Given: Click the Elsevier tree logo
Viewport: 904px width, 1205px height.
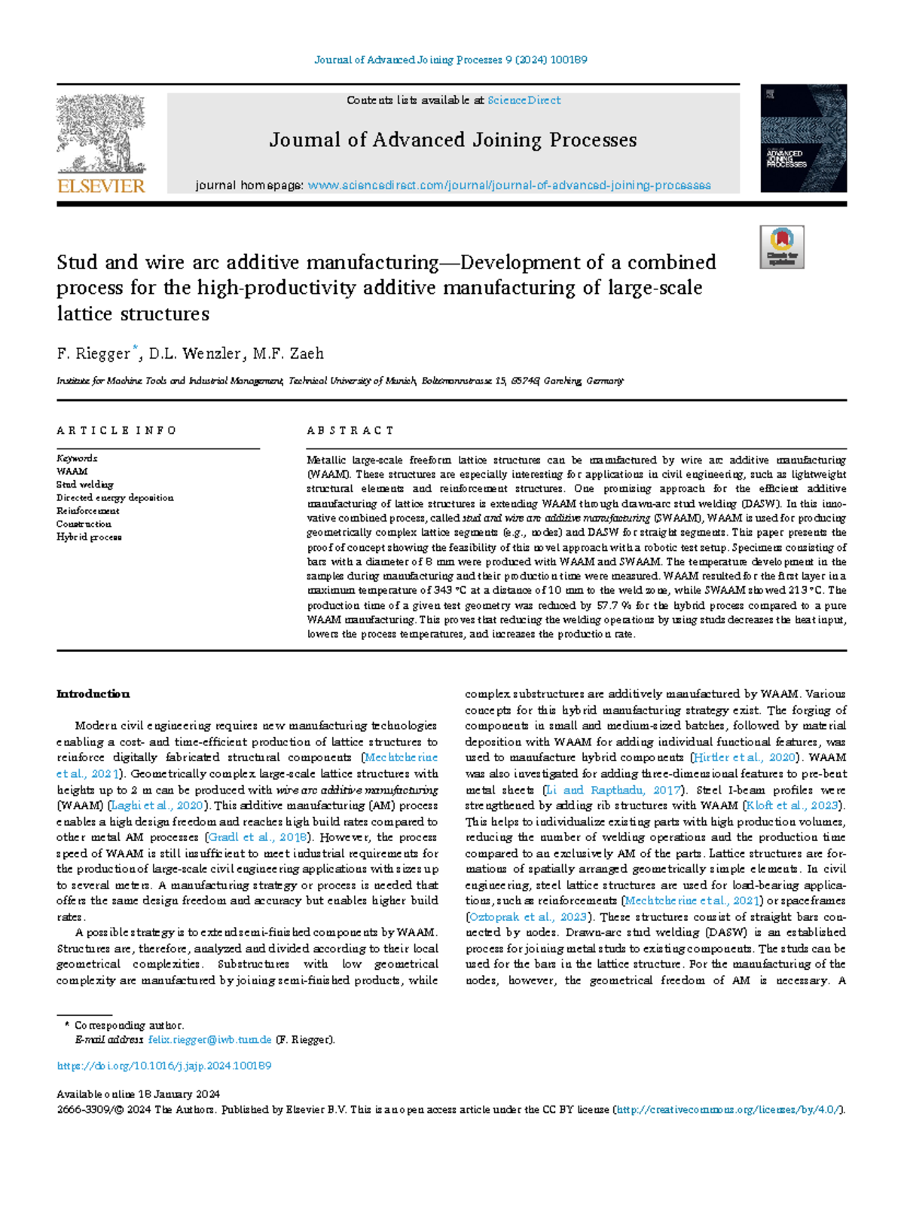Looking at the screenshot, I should coord(101,134).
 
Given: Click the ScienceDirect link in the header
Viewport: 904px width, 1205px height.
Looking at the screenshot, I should coord(524,100).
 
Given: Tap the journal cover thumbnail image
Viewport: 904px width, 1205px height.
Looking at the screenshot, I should coord(803,138).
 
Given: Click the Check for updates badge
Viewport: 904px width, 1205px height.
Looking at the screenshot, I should coord(782,246).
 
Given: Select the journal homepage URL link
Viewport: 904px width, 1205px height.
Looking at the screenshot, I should coord(509,185).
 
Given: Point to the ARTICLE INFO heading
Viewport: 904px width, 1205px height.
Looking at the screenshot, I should coord(117,430).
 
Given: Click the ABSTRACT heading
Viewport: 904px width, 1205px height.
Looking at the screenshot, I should coord(350,430).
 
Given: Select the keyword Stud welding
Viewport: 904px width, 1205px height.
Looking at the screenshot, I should coord(85,485).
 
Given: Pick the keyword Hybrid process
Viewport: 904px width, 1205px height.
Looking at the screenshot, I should coord(89,537).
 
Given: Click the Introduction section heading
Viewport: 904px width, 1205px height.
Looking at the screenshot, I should coord(93,694).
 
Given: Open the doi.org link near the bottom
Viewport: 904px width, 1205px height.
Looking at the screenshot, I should coord(164,1066).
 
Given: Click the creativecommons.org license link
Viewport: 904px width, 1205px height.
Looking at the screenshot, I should coord(728,1110).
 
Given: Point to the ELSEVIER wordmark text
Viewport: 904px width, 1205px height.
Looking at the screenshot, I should coord(101,186).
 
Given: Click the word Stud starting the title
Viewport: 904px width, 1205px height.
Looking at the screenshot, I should coord(77,262).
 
